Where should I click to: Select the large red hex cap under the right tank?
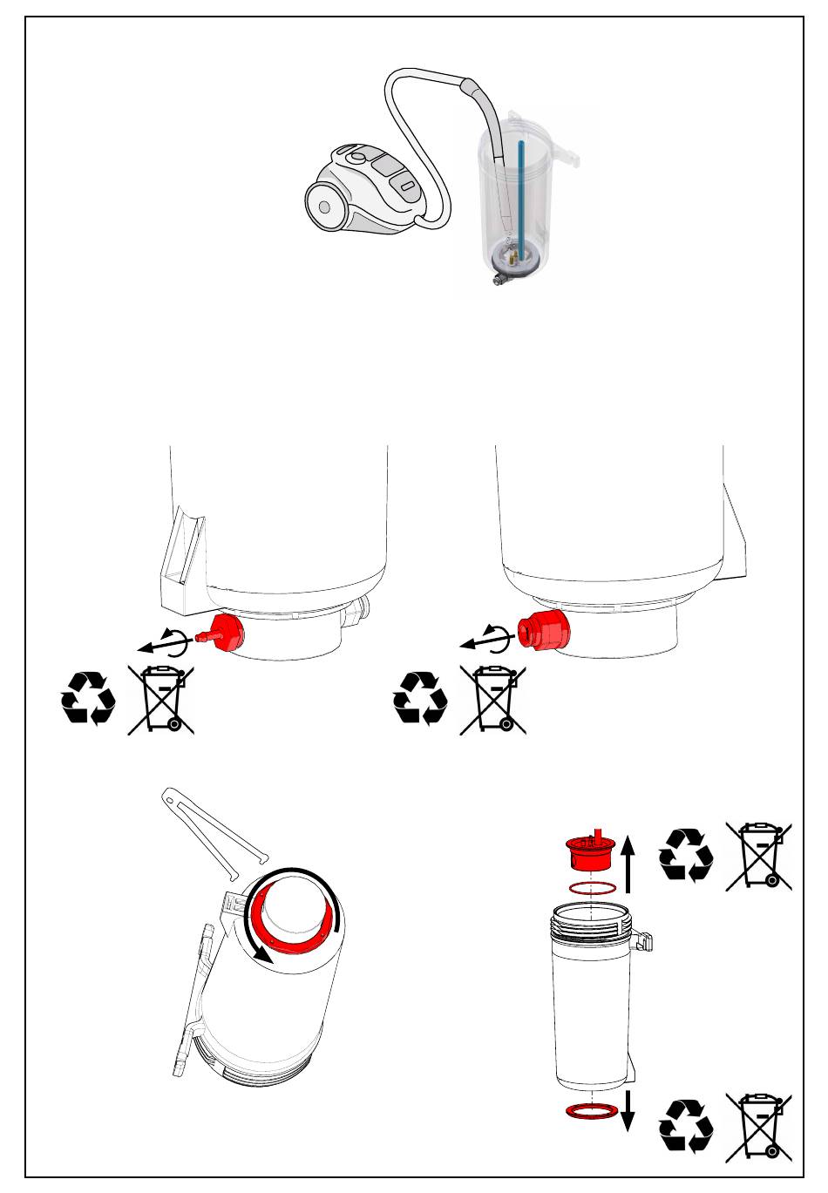pos(541,631)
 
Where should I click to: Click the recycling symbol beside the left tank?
pos(88,697)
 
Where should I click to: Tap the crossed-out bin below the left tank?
pos(161,699)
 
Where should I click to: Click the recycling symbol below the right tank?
pos(420,697)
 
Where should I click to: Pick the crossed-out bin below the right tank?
pos(492,699)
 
